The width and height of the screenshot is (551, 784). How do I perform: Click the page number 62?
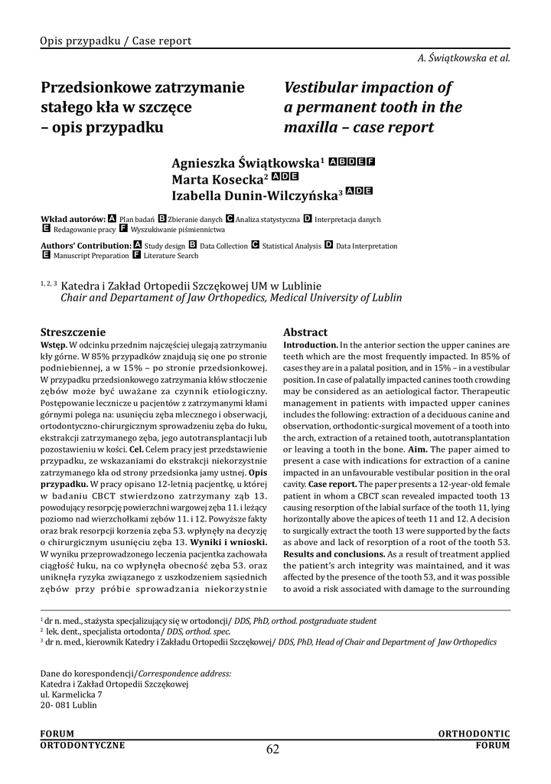273,749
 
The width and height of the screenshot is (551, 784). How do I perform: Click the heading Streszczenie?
73,332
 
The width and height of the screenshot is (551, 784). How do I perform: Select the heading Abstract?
305,332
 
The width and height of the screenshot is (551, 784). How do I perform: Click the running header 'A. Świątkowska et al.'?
464,57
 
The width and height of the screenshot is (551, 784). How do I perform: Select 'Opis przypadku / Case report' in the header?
116,41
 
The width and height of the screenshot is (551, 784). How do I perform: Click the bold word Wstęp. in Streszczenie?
54,345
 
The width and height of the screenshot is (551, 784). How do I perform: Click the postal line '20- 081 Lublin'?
69,705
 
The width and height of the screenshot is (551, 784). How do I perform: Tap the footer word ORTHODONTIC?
474,733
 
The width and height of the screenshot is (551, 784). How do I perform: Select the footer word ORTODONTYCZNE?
83,743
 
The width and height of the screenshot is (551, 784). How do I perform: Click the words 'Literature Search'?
171,255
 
